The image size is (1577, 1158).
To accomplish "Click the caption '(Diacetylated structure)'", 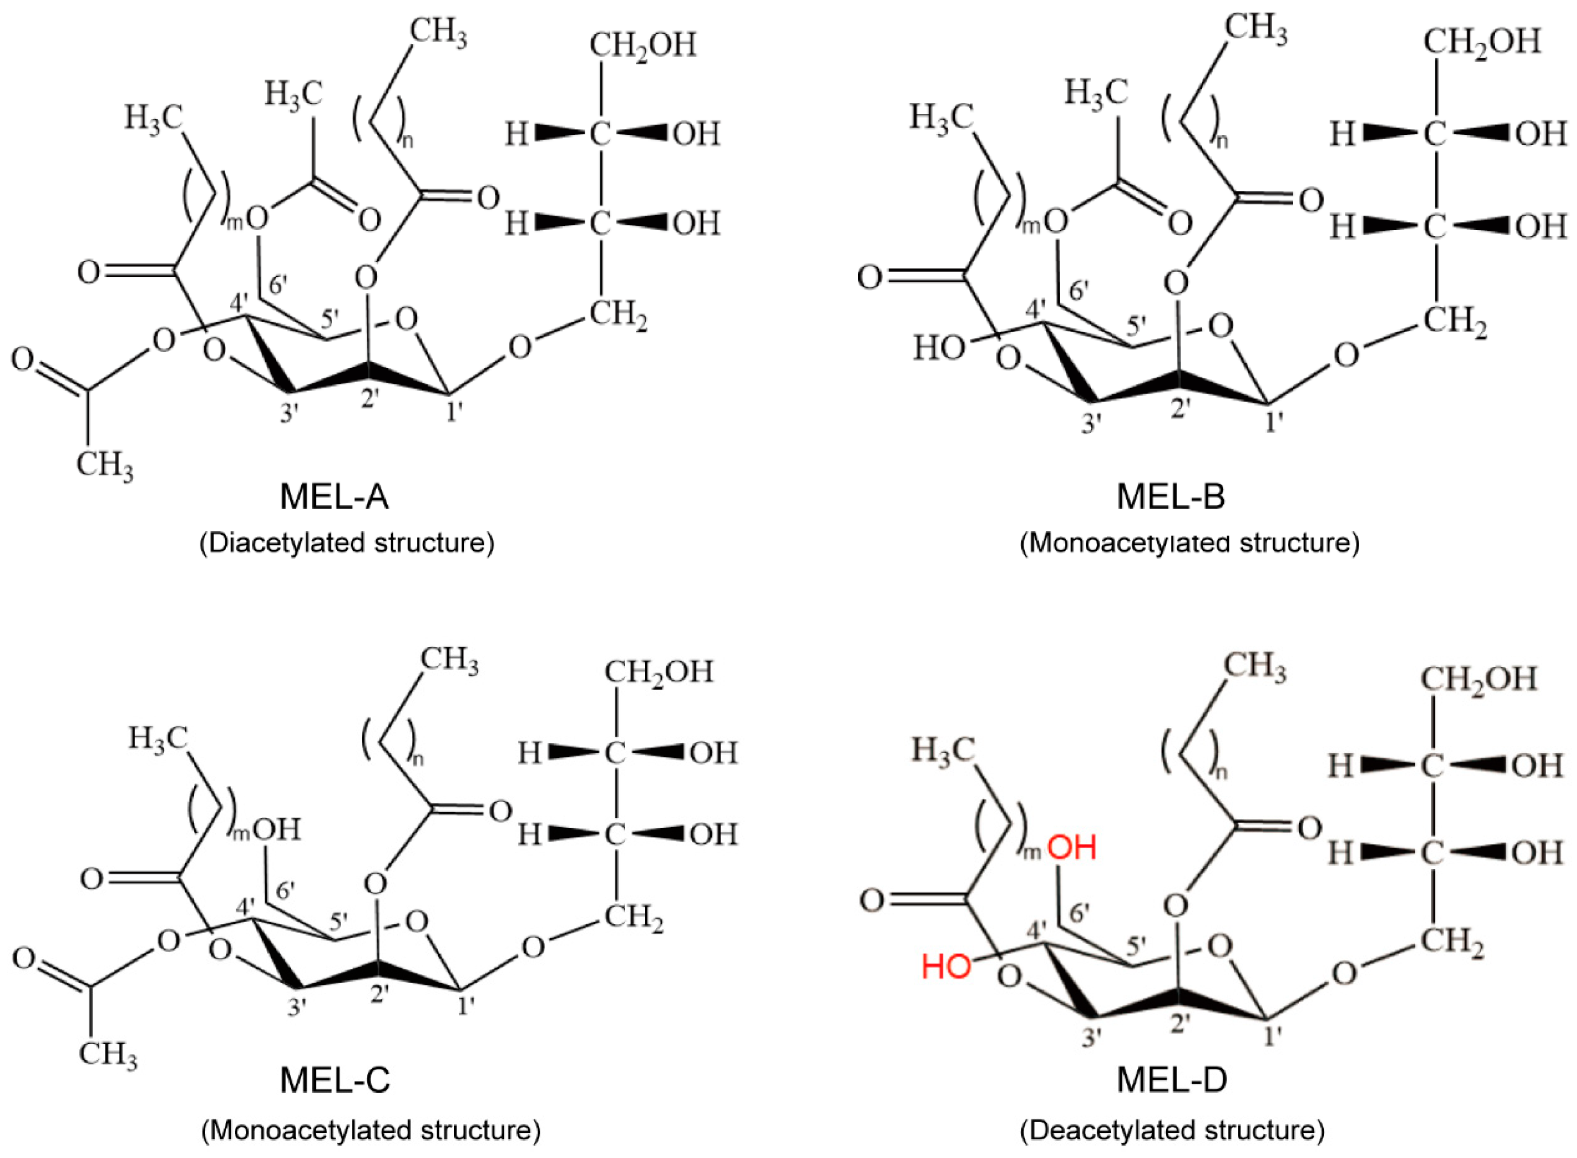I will (x=347, y=543).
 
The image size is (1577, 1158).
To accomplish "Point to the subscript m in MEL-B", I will (x=1029, y=224).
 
